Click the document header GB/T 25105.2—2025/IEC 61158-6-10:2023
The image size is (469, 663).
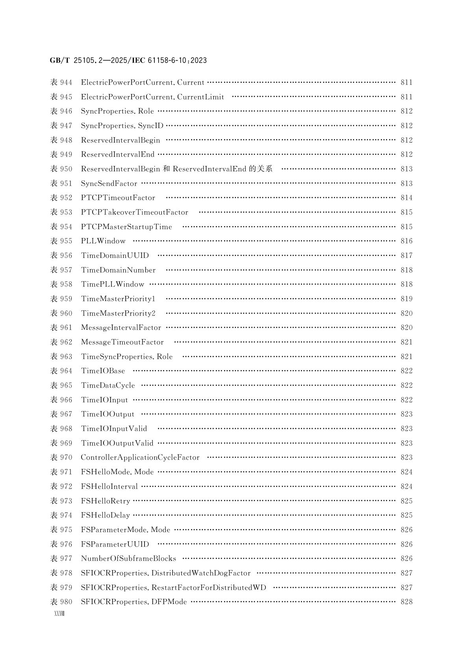[128, 61]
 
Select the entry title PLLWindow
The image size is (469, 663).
[103, 241]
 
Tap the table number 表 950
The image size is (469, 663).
[61, 169]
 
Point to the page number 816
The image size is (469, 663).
[406, 241]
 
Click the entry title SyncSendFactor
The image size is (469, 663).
[109, 184]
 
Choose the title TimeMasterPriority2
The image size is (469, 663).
[118, 314]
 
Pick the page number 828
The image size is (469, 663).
[406, 602]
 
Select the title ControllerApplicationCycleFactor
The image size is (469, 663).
[140, 458]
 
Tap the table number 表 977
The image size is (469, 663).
[61, 559]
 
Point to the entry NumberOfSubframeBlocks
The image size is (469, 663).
[128, 559]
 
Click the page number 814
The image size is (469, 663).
[406, 198]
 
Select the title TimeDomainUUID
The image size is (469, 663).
[115, 256]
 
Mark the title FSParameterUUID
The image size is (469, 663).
[115, 545]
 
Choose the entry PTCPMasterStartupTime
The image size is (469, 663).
[126, 227]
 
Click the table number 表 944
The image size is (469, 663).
[61, 83]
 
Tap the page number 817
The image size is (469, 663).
[406, 256]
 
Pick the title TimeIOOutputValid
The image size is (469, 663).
[117, 443]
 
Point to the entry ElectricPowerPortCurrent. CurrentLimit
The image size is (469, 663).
[152, 97]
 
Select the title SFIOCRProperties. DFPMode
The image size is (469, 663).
[134, 602]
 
